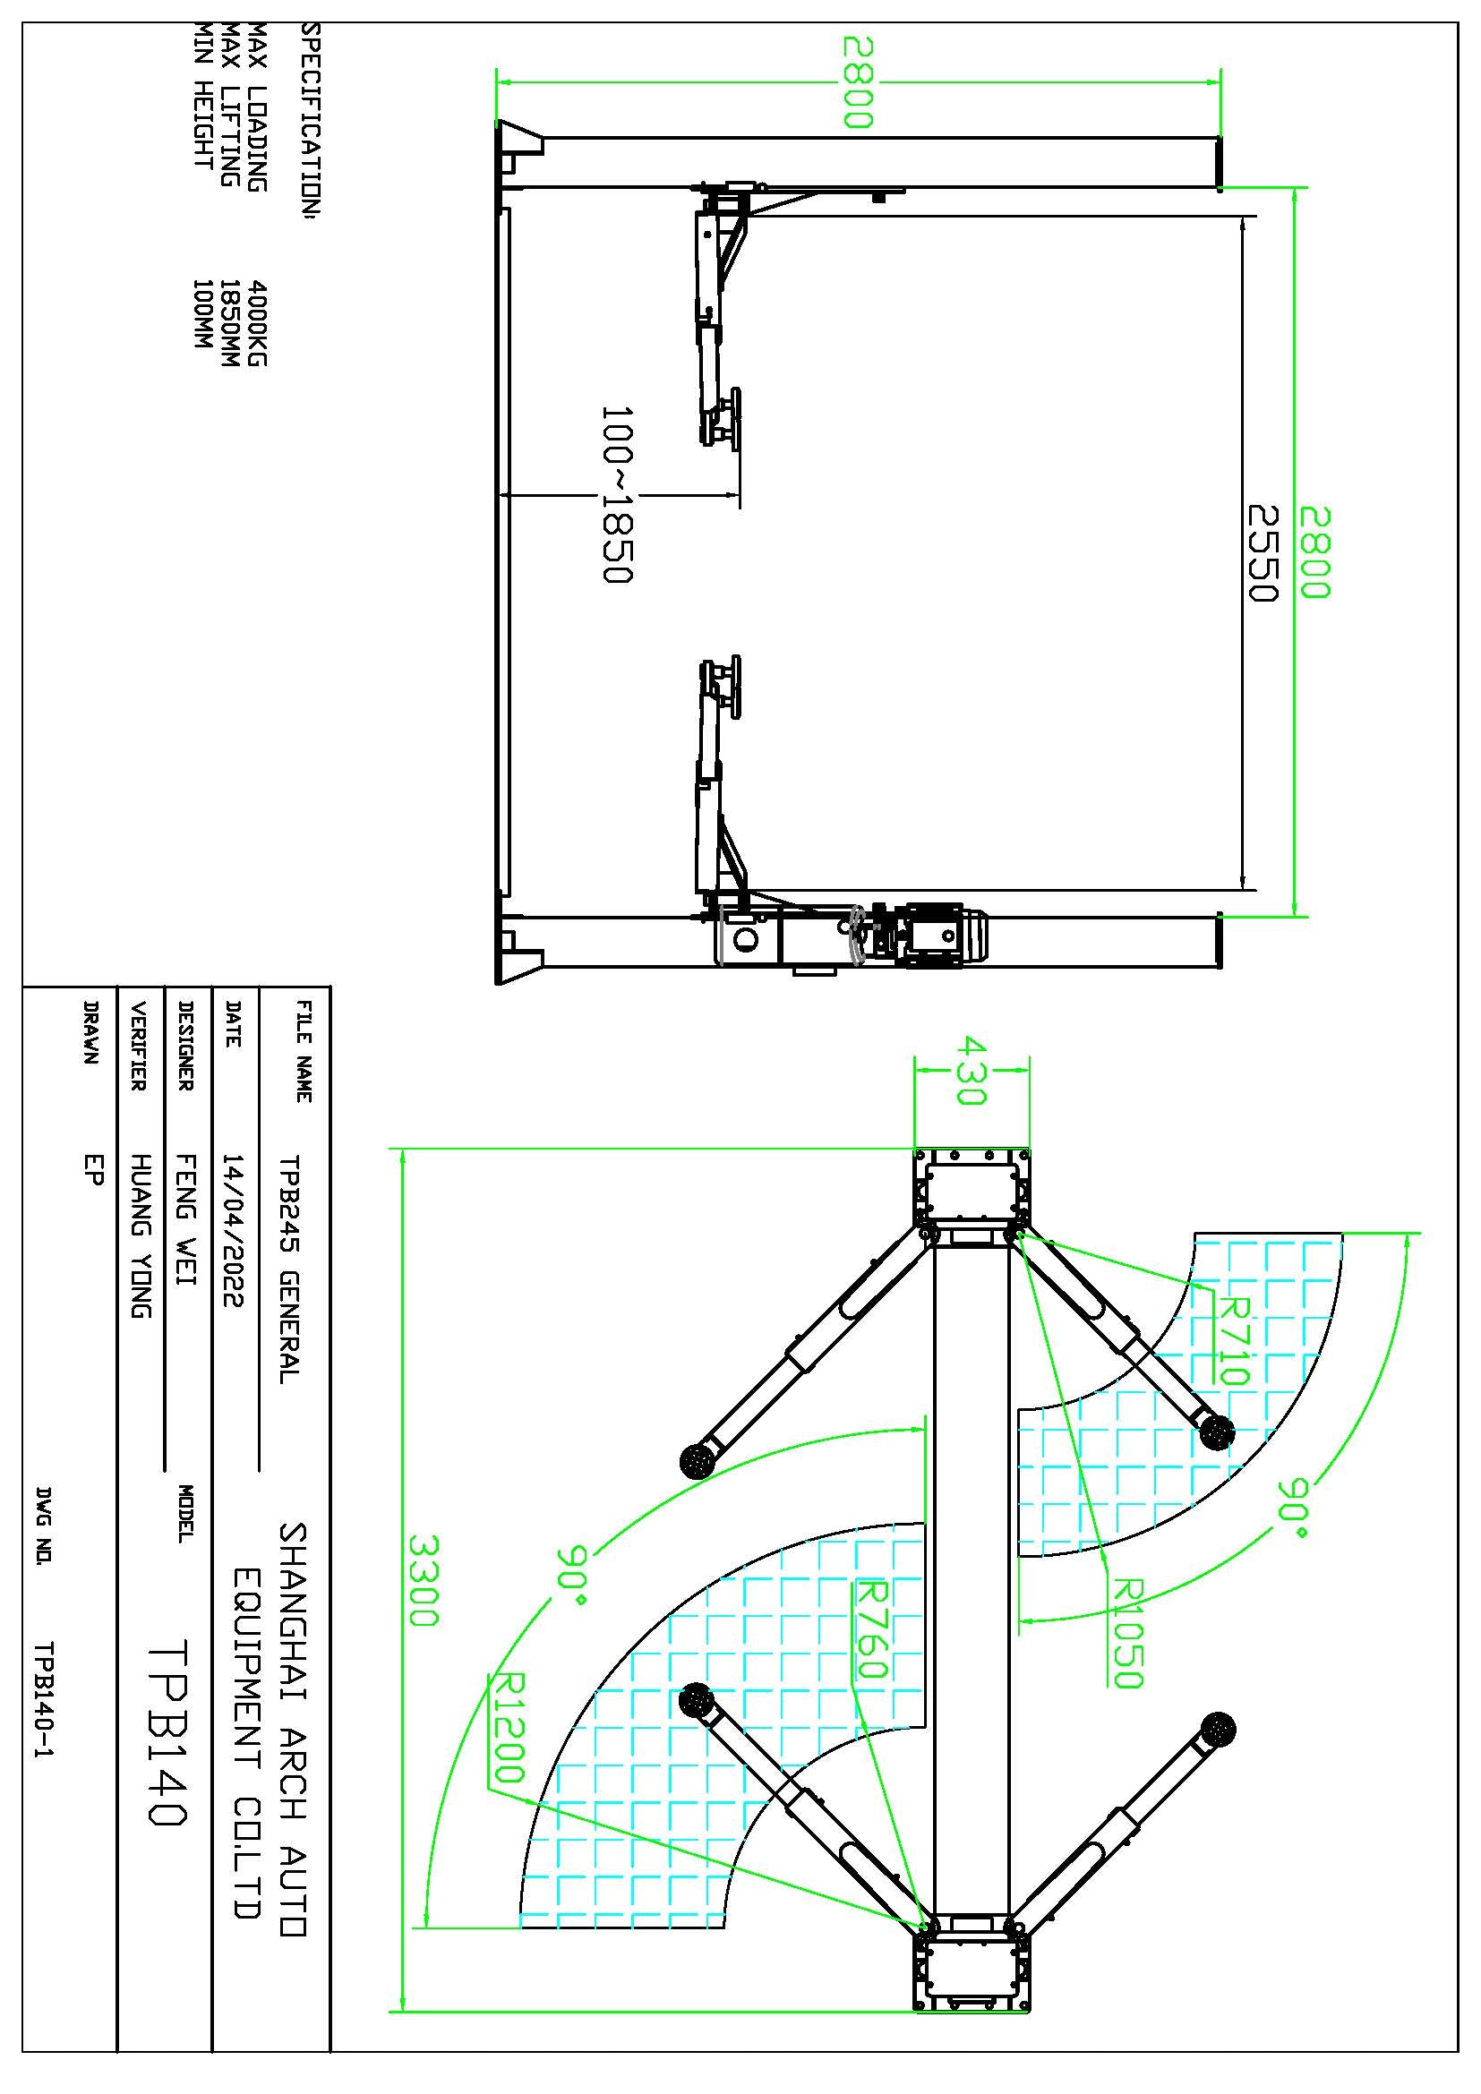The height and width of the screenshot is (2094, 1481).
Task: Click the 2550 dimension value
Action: [x=1262, y=552]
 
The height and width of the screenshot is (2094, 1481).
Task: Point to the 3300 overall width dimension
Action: [x=424, y=1580]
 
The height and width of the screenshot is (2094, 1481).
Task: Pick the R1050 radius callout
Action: [x=1128, y=1634]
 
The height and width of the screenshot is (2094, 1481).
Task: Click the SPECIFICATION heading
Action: [x=310, y=124]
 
